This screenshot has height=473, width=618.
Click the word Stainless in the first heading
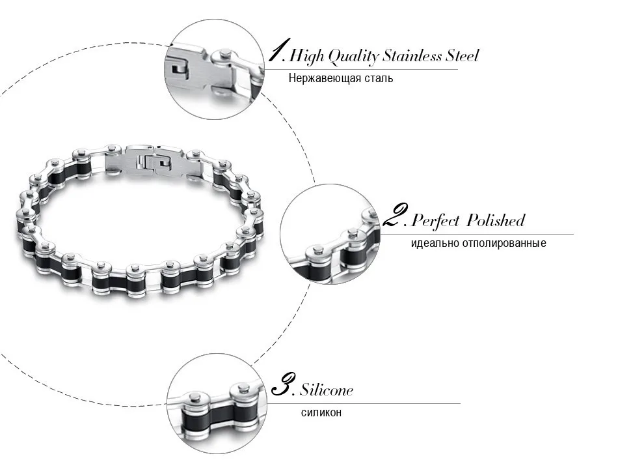[x=412, y=55]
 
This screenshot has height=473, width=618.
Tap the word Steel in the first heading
[x=462, y=55]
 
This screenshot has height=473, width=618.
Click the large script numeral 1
[x=278, y=50]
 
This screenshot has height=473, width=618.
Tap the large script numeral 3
[x=282, y=384]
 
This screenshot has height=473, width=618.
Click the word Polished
[x=496, y=220]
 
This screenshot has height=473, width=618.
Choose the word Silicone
[x=327, y=390]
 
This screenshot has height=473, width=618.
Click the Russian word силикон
[x=321, y=413]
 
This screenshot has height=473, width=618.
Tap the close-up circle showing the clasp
[x=215, y=69]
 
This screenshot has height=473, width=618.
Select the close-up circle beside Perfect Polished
[x=330, y=234]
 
